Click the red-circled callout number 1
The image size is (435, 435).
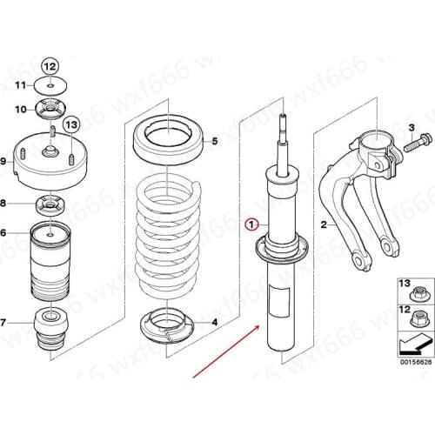[251, 224]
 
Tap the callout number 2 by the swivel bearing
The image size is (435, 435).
[324, 224]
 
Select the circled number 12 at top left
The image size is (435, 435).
[50, 67]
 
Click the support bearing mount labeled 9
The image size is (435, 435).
[50, 159]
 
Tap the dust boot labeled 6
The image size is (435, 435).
[50, 257]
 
